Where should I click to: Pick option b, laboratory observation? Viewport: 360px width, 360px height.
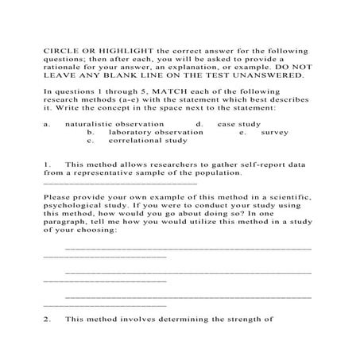150,133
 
